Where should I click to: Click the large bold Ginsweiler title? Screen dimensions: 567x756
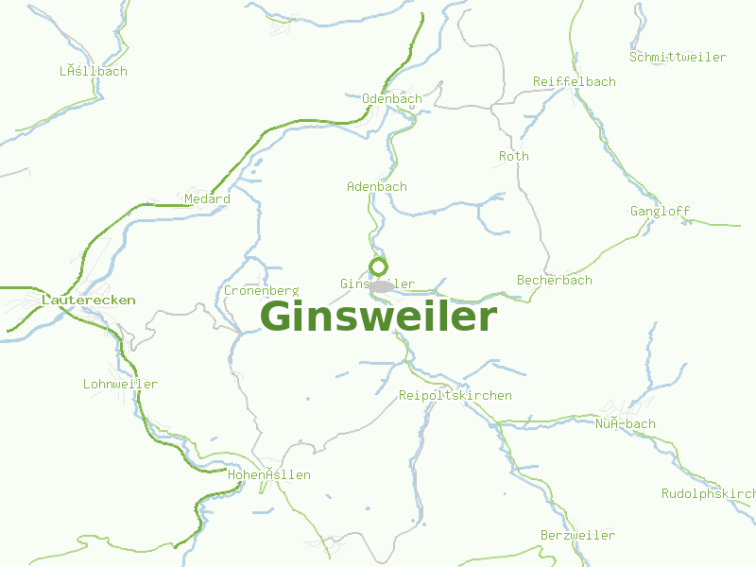pos(378,317)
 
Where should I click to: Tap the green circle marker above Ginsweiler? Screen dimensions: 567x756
pos(379,266)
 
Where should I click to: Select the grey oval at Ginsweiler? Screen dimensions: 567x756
pos(382,286)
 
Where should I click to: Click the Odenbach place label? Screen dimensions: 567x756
pos(392,98)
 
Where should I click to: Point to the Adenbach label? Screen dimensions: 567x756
pos(377,186)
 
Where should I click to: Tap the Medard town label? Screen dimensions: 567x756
pos(207,198)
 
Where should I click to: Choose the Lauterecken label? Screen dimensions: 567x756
pos(89,300)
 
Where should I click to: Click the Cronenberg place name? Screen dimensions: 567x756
pos(262,290)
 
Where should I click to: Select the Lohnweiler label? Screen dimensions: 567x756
pos(120,384)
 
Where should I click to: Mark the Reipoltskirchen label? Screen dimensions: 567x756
pos(455,395)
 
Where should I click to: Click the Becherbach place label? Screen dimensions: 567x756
pos(555,280)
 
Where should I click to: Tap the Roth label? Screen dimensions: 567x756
pos(514,156)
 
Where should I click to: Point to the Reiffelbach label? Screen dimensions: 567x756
pos(575,81)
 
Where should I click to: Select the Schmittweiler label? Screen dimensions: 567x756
pos(679,57)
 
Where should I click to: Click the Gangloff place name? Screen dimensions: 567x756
pos(661,211)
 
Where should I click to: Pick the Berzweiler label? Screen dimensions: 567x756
pos(577,535)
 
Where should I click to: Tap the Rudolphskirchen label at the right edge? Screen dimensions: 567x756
pos(709,493)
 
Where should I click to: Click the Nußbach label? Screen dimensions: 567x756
pos(625,423)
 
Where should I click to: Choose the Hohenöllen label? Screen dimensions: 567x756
pos(269,474)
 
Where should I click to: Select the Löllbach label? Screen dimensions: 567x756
pos(94,71)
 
